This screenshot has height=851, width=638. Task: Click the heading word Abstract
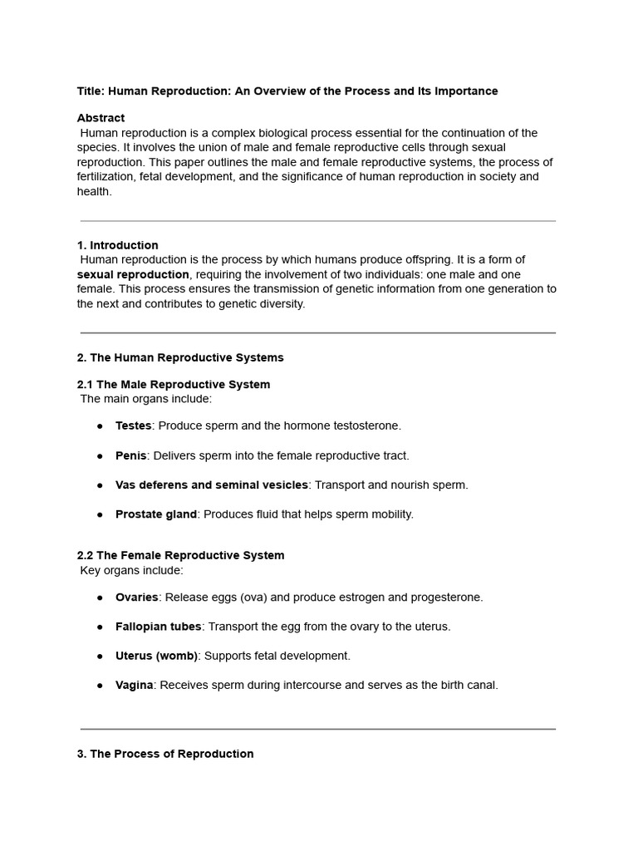(101, 118)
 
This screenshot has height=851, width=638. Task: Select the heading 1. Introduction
(117, 245)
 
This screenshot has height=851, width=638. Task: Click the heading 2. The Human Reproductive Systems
(180, 357)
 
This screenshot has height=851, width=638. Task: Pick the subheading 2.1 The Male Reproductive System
(174, 384)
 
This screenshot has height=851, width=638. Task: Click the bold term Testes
(133, 425)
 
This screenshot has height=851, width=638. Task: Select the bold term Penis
(131, 455)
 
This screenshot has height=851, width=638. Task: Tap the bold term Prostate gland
(156, 514)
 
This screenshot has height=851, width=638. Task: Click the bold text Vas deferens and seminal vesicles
(212, 485)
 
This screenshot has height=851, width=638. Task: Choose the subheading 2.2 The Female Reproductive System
(181, 555)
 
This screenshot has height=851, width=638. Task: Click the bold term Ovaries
(137, 598)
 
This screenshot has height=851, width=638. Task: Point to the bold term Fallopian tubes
(158, 627)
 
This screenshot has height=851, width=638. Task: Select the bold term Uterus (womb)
(156, 656)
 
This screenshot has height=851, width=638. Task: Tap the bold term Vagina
(134, 686)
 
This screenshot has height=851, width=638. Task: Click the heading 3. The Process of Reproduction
(165, 754)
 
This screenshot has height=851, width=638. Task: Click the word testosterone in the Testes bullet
(366, 425)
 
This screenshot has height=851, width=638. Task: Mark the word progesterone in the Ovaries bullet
(448, 598)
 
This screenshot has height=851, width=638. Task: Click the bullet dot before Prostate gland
(100, 514)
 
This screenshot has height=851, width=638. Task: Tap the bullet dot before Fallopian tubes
(100, 627)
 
